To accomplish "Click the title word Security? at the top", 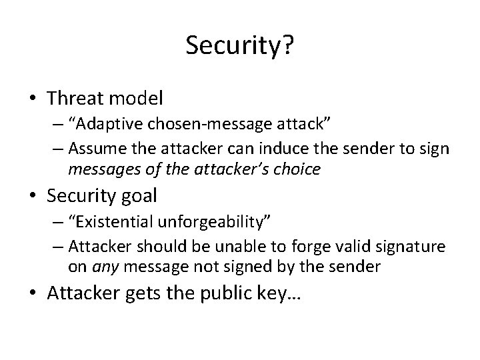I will pos(239,46).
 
